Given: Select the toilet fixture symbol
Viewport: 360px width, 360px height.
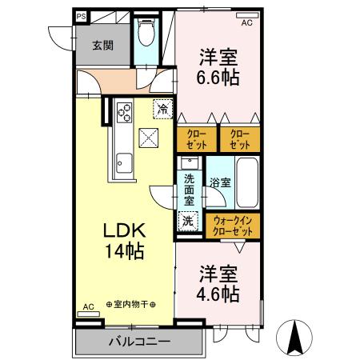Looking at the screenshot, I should pos(145,33).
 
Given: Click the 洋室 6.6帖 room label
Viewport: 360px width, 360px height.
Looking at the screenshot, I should pos(218,69).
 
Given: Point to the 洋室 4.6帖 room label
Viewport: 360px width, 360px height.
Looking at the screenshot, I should pos(218,283).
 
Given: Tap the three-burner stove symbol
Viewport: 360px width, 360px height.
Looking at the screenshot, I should pos(124,112).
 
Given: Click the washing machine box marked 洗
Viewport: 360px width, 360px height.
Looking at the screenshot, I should pos(187,220).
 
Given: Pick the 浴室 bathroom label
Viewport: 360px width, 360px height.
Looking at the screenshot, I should pos(219,183).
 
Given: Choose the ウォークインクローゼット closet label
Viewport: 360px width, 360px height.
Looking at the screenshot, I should pos(234,226).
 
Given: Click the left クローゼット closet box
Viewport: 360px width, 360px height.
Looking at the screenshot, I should pos(197,139).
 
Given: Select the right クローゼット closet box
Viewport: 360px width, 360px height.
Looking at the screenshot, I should pos(239,139).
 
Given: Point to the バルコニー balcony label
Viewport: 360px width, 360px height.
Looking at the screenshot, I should pos(139,342).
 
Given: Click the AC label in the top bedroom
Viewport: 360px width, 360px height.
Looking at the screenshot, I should pos(246,22).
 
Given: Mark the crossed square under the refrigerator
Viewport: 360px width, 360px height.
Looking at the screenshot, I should pos(149,138).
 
